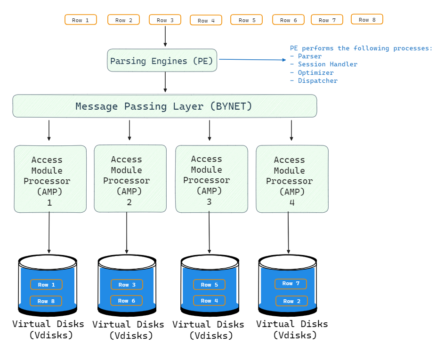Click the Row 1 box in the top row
click(81, 20)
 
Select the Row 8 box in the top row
click(367, 19)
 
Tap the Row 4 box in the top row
click(206, 20)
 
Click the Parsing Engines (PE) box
click(162, 60)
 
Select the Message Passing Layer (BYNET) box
click(164, 106)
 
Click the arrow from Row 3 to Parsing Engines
click(165, 36)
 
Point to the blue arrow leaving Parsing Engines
click(252, 60)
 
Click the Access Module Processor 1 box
click(50, 179)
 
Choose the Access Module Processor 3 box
click(211, 178)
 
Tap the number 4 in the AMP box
click(292, 203)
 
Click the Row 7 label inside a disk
click(291, 284)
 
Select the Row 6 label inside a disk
click(126, 301)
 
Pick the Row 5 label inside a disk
click(209, 285)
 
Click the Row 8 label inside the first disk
click(46, 301)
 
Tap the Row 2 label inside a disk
click(291, 301)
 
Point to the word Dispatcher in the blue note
click(317, 80)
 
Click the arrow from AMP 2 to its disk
click(127, 233)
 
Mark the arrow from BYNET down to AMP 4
click(291, 130)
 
